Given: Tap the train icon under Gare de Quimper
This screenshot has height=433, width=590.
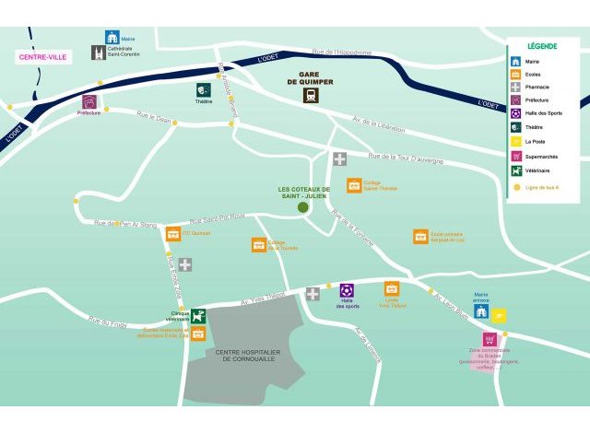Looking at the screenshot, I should tap(312, 95).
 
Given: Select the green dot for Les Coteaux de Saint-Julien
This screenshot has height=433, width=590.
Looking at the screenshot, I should tap(302, 207).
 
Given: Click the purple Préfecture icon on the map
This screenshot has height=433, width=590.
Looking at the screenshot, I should tap(89, 101).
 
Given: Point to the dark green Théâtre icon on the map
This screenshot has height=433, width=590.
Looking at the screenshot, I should tap(203, 90).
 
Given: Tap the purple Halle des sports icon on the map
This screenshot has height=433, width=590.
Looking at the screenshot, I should tap(347, 291).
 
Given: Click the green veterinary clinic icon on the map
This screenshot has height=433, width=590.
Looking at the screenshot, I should tap(198, 316).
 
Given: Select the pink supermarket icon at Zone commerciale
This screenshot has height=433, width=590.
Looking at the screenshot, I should tap(489, 339).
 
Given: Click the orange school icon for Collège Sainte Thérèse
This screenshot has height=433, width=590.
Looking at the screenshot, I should tap(354, 185).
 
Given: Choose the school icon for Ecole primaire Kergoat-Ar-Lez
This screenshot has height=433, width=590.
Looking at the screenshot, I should tap(420, 237).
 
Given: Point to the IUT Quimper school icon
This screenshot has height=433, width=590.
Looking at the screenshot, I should tap(173, 234).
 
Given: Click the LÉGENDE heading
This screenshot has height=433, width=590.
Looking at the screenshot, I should tap(541, 45).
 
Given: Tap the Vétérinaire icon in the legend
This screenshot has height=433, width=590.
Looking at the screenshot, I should tap(516, 170).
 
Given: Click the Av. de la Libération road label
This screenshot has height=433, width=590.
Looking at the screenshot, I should tap(379, 124).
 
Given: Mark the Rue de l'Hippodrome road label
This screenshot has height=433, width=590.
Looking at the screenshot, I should tap(341, 53).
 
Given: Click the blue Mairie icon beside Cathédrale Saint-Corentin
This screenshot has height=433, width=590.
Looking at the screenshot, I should tap(112, 38).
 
